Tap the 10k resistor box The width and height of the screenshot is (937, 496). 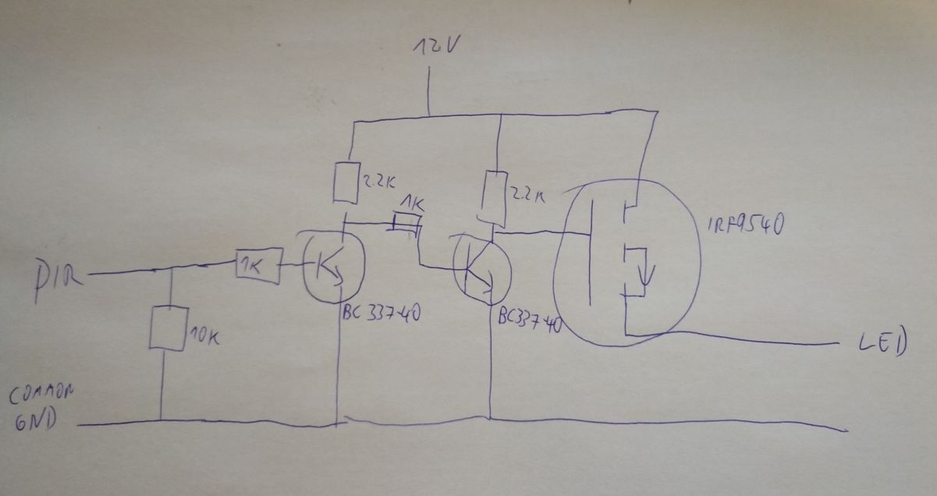(166, 328)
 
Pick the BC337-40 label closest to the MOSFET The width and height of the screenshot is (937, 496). (529, 320)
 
